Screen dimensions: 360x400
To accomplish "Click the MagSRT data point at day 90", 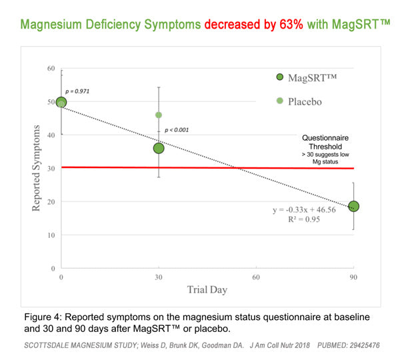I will [353, 206].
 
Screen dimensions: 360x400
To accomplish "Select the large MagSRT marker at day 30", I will [159, 147].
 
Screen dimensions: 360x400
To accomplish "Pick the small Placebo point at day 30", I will [159, 115].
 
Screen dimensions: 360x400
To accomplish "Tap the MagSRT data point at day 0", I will [61, 103].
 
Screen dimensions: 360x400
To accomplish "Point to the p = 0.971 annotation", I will [77, 89].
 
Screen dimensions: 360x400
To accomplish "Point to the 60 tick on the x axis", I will [256, 277].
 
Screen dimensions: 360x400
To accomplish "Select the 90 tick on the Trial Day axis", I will [353, 277].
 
